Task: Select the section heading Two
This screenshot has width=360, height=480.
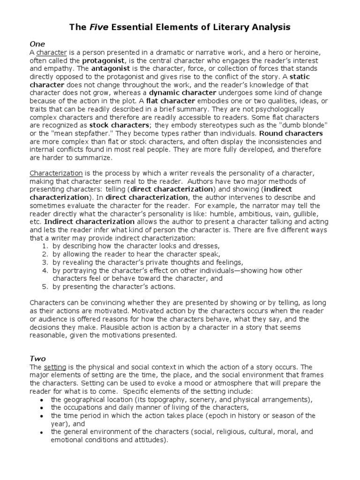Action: (x=37, y=359)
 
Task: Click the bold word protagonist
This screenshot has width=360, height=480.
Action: (x=104, y=61)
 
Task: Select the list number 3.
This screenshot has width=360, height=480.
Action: (x=45, y=262)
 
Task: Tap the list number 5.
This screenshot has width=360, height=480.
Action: (x=45, y=286)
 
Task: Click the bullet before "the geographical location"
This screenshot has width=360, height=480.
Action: (x=42, y=400)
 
